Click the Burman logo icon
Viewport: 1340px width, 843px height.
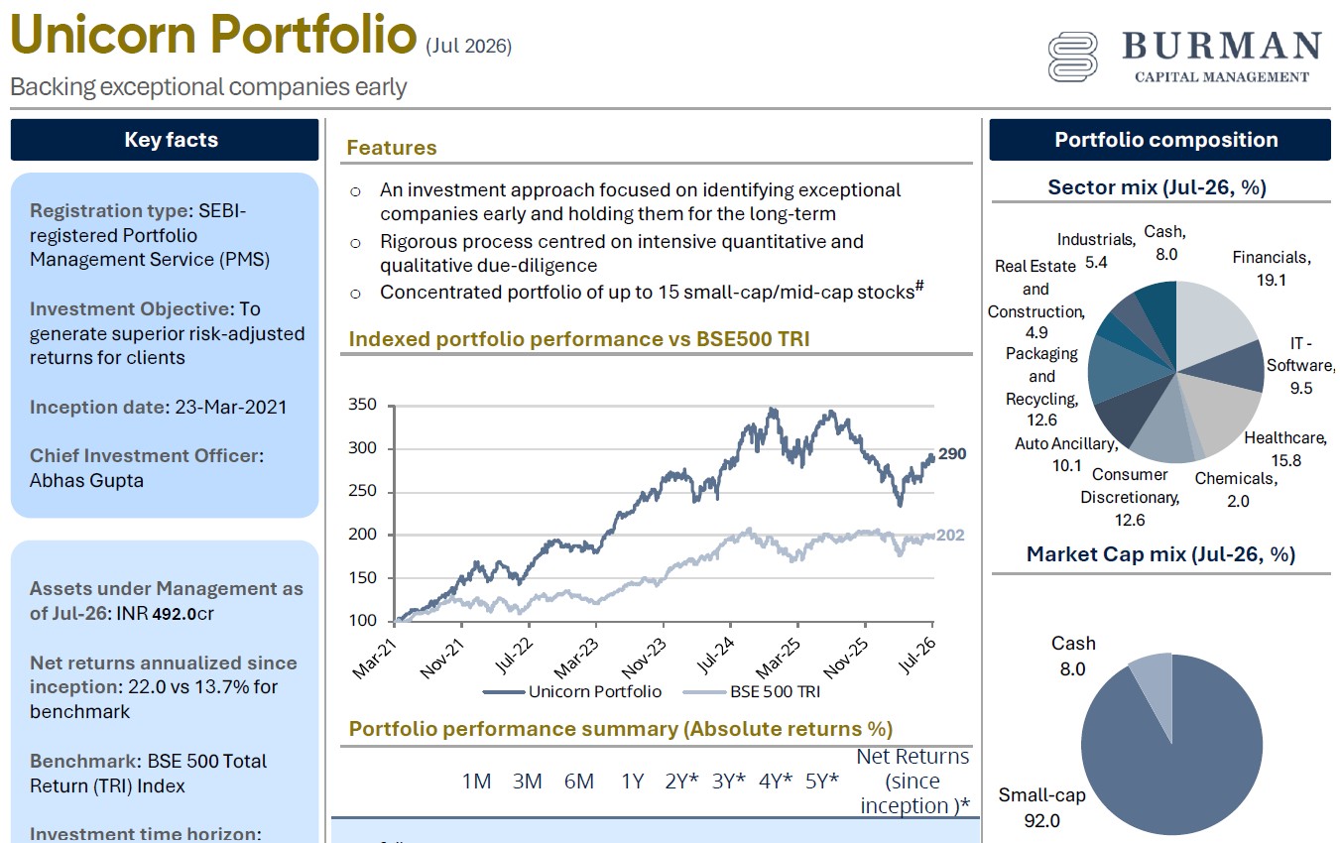(1072, 57)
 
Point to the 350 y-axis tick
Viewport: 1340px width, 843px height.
(362, 405)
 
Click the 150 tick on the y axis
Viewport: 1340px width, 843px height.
(362, 578)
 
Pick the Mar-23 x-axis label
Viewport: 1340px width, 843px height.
(576, 658)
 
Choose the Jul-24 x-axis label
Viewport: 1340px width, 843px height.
(715, 656)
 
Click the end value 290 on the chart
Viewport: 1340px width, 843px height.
(952, 454)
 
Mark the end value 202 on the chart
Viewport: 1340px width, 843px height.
(950, 535)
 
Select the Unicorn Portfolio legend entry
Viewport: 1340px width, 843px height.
(572, 692)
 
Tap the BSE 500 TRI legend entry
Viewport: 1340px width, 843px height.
(752, 692)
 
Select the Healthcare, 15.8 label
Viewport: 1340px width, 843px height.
(1285, 449)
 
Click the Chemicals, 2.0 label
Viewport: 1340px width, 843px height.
(1237, 490)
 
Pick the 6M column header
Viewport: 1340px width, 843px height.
(579, 782)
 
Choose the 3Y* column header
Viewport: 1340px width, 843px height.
(729, 782)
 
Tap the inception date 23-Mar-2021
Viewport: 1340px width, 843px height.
(231, 408)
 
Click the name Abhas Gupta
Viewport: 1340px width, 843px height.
(86, 480)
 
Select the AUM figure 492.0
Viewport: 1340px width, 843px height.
(175, 614)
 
